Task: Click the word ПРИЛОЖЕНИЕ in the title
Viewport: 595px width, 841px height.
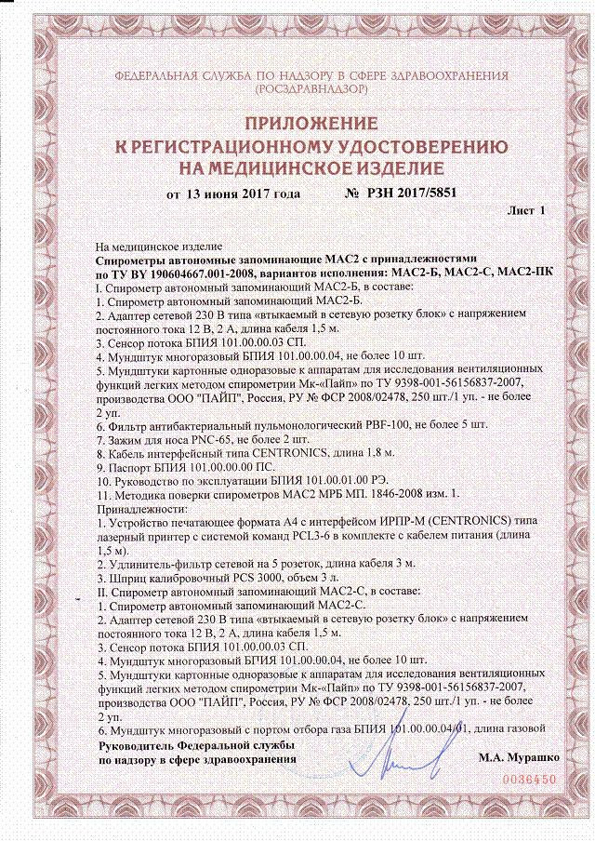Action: point(297,124)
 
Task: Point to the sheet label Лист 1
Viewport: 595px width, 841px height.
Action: point(525,211)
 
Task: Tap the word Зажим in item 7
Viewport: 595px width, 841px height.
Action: point(126,434)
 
